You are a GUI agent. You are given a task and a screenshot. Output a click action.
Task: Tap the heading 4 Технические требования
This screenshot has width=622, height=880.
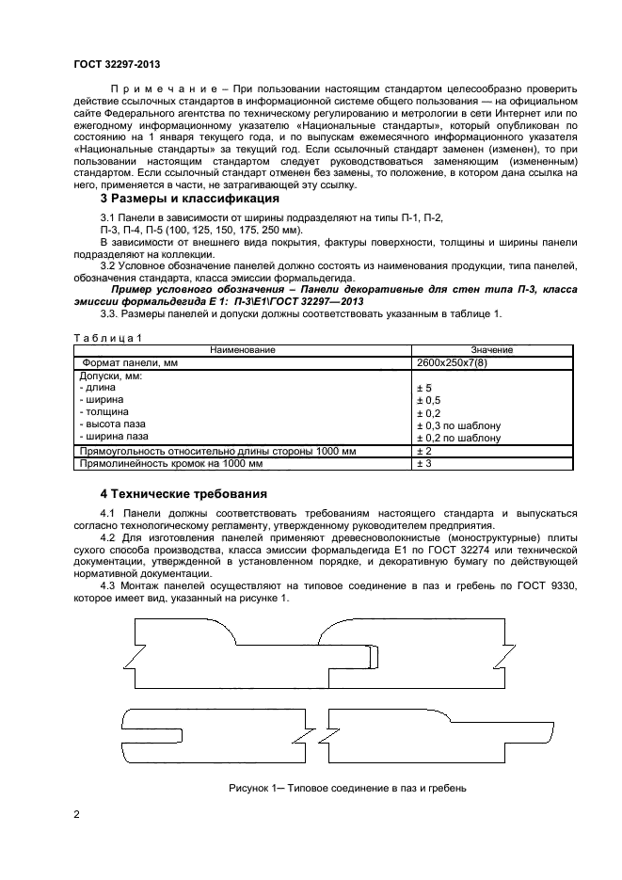(x=183, y=493)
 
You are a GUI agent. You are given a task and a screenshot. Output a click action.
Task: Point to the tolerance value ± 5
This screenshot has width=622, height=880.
(x=423, y=387)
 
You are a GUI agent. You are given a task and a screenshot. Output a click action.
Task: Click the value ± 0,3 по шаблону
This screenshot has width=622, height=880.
(x=458, y=425)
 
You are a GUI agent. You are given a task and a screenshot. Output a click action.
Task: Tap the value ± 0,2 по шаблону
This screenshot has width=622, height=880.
(x=458, y=438)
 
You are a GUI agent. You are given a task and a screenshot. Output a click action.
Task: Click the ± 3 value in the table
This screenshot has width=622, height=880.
(x=423, y=463)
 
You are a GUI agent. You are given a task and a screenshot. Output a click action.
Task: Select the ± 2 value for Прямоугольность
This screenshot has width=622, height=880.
(x=423, y=451)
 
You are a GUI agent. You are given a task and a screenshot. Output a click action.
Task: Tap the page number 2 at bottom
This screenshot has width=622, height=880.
(x=76, y=816)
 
